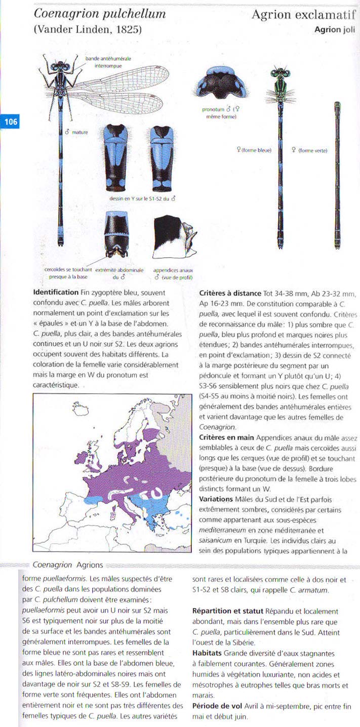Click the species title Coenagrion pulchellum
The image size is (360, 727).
pos(100,14)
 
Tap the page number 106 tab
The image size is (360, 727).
pos(10,122)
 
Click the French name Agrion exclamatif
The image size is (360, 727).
pos(305,15)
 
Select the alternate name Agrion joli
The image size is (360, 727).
pos(335,30)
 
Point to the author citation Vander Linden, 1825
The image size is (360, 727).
pos(88,30)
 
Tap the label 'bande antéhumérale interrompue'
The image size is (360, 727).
pos(108,62)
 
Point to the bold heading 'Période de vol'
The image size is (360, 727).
pos(217,706)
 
